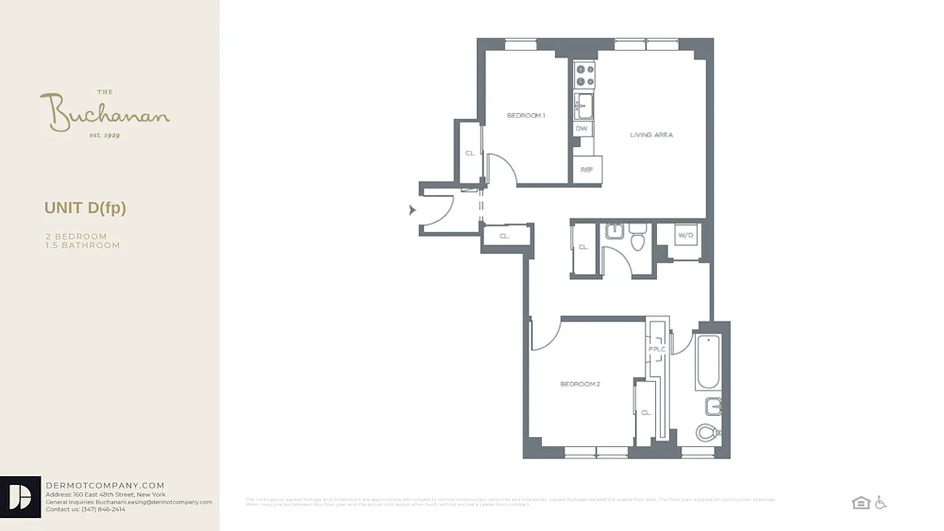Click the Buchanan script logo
pyautogui.click(x=104, y=113)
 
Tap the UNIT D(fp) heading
pyautogui.click(x=85, y=208)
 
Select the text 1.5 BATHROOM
pyautogui.click(x=82, y=246)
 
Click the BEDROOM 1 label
pyautogui.click(x=525, y=116)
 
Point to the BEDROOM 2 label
pyautogui.click(x=580, y=384)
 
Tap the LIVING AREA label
pyautogui.click(x=651, y=135)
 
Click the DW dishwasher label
pyautogui.click(x=581, y=129)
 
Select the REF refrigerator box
pyautogui.click(x=587, y=169)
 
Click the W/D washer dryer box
pyautogui.click(x=686, y=236)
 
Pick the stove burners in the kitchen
pyautogui.click(x=585, y=74)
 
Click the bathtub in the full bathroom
pyautogui.click(x=708, y=362)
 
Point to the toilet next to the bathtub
pyautogui.click(x=708, y=433)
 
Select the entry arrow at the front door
pyautogui.click(x=413, y=210)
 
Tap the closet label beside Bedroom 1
pyautogui.click(x=470, y=153)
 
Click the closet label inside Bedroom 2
pyautogui.click(x=646, y=412)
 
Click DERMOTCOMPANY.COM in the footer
pyautogui.click(x=105, y=485)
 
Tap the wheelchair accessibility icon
pyautogui.click(x=880, y=502)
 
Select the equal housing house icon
pyautogui.click(x=861, y=502)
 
